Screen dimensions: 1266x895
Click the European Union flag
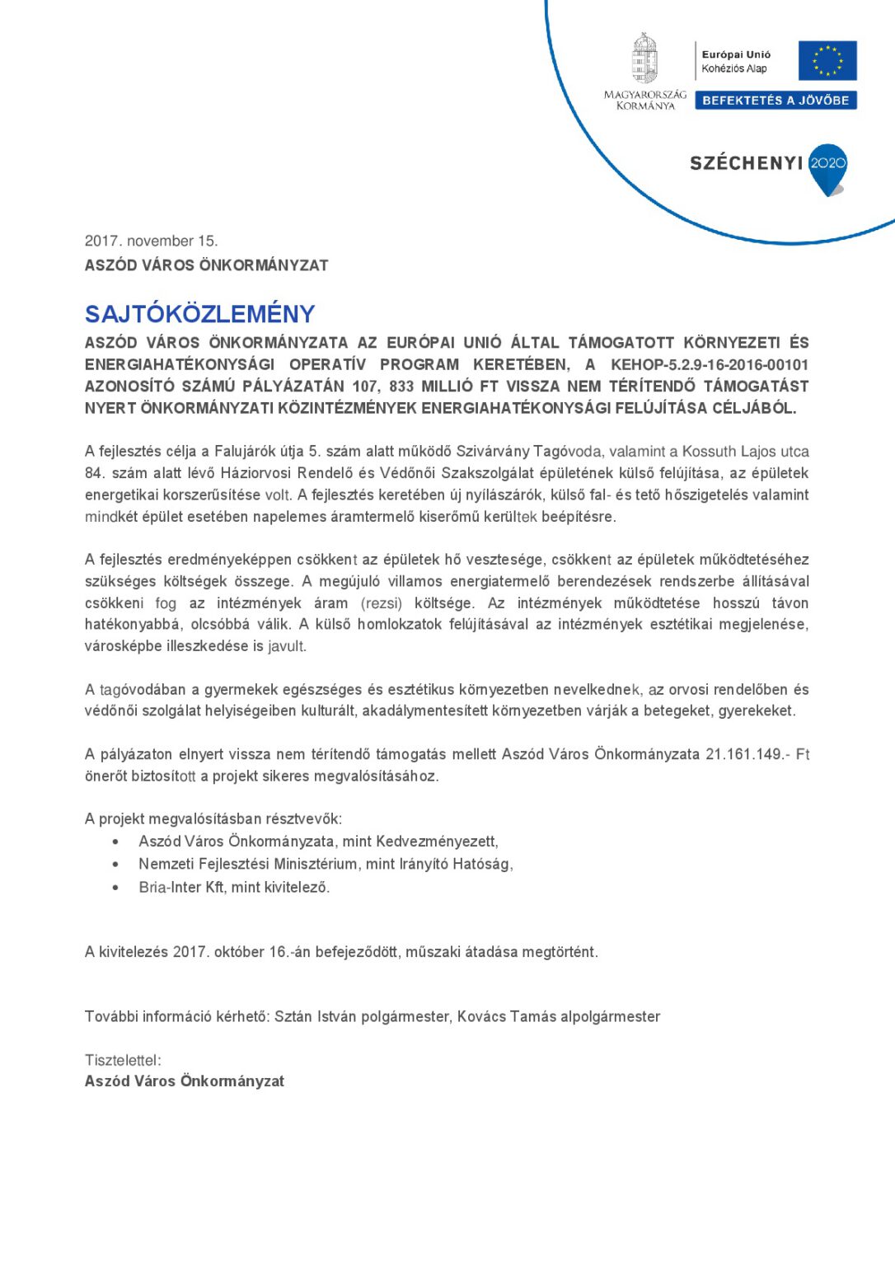pyautogui.click(x=827, y=61)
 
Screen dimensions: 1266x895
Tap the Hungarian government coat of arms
pyautogui.click(x=644, y=59)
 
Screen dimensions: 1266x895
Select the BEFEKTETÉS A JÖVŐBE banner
pyautogui.click(x=776, y=101)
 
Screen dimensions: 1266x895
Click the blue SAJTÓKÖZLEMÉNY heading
pyautogui.click(x=200, y=314)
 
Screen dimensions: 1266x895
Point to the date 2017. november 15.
pyautogui.click(x=151, y=241)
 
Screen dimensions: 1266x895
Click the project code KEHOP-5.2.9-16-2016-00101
pyautogui.click(x=710, y=364)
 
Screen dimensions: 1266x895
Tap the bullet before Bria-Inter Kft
pyautogui.click(x=115, y=888)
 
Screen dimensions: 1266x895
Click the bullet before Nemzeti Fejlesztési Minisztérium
pyautogui.click(x=115, y=865)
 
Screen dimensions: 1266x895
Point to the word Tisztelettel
pyautogui.click(x=122, y=1060)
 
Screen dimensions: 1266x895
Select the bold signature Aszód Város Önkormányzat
pyautogui.click(x=185, y=1081)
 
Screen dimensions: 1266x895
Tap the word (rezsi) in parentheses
pyautogui.click(x=382, y=603)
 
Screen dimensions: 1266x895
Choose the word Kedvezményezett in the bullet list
pyautogui.click(x=436, y=842)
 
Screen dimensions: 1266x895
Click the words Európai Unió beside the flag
pyautogui.click(x=736, y=54)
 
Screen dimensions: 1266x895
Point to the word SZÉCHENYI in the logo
pyautogui.click(x=746, y=163)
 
